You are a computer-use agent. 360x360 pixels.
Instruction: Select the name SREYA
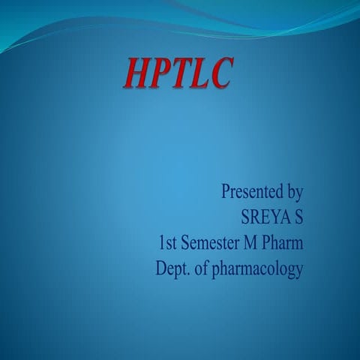click(x=264, y=217)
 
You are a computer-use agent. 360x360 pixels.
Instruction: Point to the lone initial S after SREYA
click(x=298, y=217)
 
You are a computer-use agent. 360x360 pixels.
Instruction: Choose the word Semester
click(x=214, y=243)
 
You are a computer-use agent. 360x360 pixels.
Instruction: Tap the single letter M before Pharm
click(x=254, y=243)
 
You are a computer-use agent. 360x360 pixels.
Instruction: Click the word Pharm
click(x=285, y=243)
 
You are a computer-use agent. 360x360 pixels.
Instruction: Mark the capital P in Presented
click(x=226, y=192)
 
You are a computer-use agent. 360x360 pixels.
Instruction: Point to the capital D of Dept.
click(x=160, y=268)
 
